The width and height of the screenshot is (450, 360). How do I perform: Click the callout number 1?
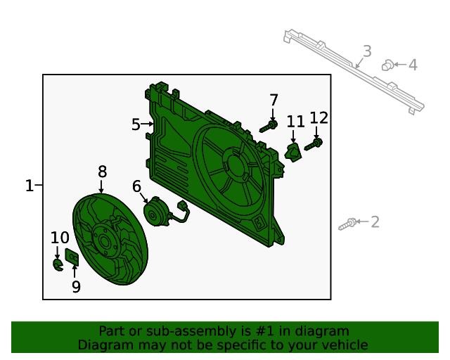pyautogui.click(x=30, y=186)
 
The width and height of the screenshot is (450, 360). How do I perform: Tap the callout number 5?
pyautogui.click(x=136, y=124)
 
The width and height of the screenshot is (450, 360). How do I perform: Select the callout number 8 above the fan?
pyautogui.click(x=102, y=172)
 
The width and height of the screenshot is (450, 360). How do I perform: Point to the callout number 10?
pyautogui.click(x=60, y=238)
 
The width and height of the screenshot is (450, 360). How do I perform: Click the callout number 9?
pyautogui.click(x=76, y=286)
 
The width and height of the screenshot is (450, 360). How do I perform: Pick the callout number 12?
pyautogui.click(x=319, y=117)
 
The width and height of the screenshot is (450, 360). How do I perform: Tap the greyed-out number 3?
pyautogui.click(x=367, y=51)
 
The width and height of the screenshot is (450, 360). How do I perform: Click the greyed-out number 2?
pyautogui.click(x=375, y=222)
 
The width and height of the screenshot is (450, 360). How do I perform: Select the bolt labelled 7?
pyautogui.click(x=269, y=127)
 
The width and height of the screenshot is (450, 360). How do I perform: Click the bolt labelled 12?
pyautogui.click(x=313, y=145)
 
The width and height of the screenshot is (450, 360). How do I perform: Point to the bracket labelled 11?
pyautogui.click(x=293, y=152)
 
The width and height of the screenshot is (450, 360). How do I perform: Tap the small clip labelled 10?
pyautogui.click(x=58, y=264)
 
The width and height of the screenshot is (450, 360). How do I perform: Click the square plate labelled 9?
pyautogui.click(x=72, y=257)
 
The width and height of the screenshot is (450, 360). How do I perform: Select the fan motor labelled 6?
pyautogui.click(x=155, y=212)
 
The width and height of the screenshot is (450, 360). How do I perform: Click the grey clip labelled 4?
pyautogui.click(x=387, y=65)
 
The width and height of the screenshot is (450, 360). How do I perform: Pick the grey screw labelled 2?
pyautogui.click(x=347, y=224)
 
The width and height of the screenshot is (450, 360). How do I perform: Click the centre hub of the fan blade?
pyautogui.click(x=105, y=241)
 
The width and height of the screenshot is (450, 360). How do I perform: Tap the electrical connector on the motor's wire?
pyautogui.click(x=183, y=206)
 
